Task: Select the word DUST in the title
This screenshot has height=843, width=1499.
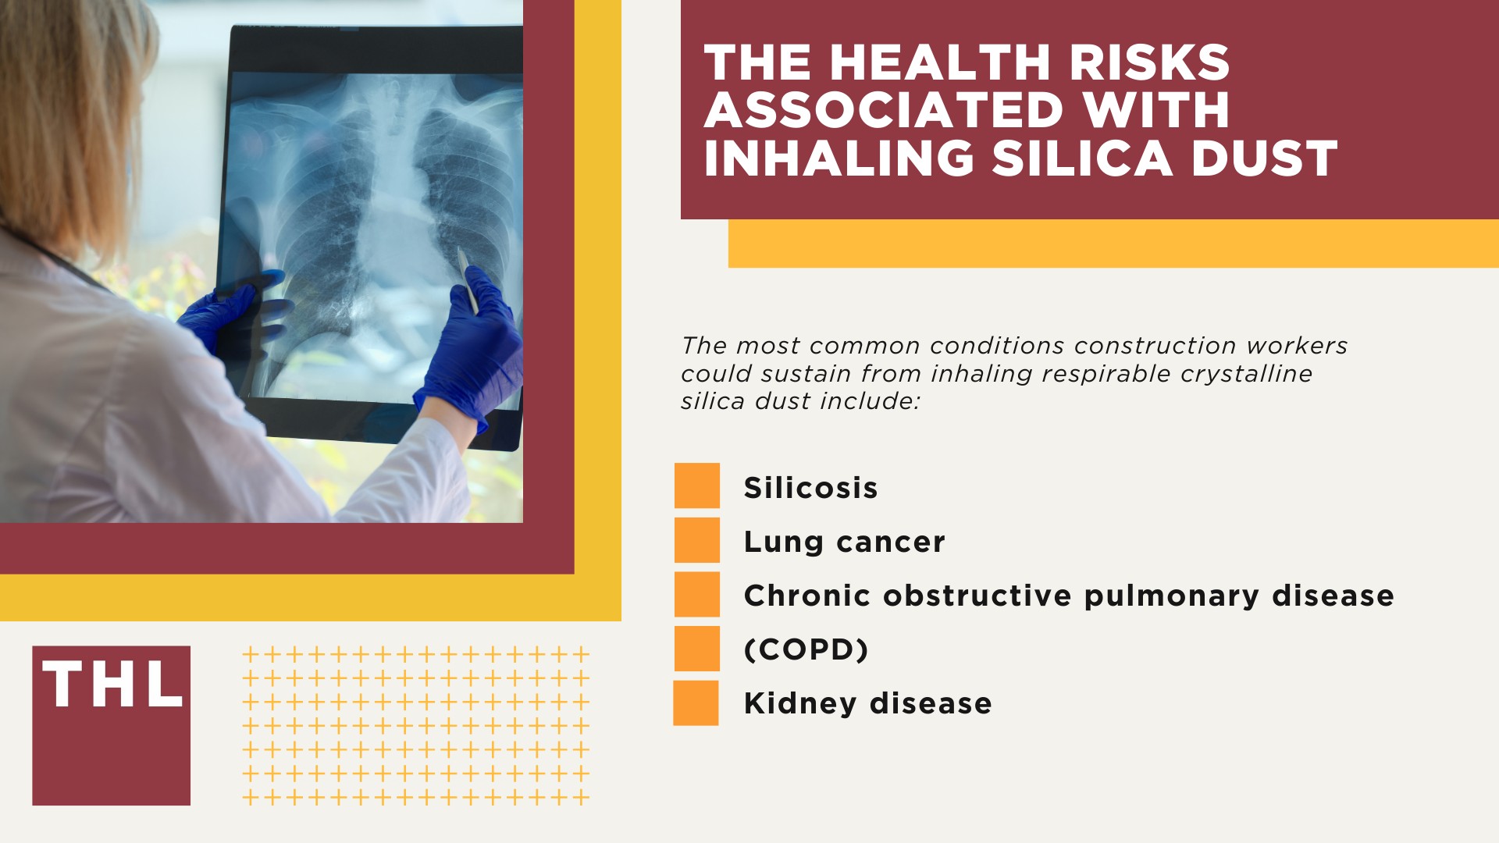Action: [x=1264, y=158]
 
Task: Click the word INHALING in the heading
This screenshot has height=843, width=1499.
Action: [x=839, y=158]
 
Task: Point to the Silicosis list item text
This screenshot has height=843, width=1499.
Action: [x=810, y=488]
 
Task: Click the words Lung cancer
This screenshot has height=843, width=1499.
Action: [x=844, y=542]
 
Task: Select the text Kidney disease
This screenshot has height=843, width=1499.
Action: [x=867, y=703]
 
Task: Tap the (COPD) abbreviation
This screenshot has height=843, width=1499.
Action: [x=806, y=649]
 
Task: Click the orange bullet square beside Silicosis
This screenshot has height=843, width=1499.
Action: [x=696, y=486]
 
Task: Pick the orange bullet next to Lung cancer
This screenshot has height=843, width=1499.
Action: [x=696, y=540]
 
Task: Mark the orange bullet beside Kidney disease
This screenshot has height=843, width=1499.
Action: [x=696, y=703]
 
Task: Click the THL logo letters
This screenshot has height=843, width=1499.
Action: [x=112, y=685]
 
